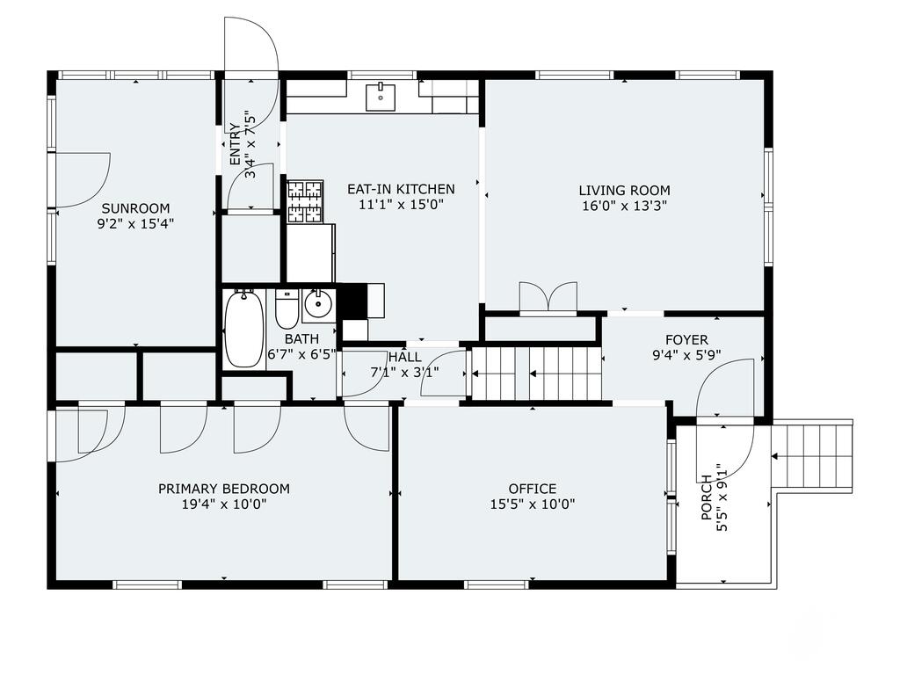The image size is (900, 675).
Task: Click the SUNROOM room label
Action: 135,208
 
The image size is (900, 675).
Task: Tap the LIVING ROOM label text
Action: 625,191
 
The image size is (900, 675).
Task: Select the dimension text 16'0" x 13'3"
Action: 625,206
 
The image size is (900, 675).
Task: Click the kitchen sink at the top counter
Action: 381,97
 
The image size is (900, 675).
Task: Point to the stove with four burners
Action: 305,201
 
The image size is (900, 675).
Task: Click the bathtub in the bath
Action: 244,329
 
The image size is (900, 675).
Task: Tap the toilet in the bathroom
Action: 287,308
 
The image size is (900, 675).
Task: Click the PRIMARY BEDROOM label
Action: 224,489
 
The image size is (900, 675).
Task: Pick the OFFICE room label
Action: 533,489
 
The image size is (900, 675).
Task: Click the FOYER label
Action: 686,340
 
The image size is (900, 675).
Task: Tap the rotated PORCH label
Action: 707,497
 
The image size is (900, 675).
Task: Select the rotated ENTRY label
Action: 235,144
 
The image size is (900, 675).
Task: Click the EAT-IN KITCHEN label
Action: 401,189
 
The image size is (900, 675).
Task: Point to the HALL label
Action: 404,357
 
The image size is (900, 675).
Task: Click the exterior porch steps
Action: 812,456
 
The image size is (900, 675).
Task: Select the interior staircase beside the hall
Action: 536,374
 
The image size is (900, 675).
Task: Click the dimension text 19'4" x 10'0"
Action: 224,504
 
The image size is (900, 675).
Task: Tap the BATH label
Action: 302,339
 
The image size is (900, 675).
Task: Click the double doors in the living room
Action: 548,297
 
